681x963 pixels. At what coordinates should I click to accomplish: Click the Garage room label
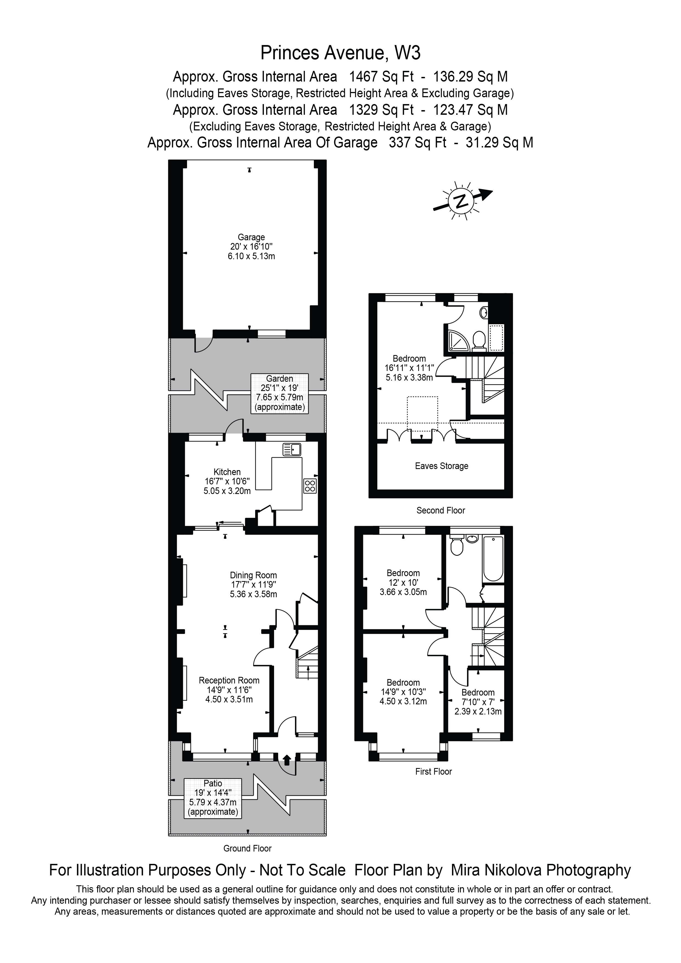point(251,238)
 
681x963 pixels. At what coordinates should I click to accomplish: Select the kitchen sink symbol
point(292,450)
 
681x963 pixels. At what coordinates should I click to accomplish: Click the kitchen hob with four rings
point(310,486)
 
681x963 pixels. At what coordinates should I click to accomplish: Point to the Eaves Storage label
point(441,466)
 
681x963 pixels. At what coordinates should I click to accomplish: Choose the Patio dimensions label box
point(213,798)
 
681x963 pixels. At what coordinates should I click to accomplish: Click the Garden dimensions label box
point(280,393)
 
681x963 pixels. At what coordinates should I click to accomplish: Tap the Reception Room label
point(229,680)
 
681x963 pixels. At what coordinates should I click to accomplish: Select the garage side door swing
point(204,345)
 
